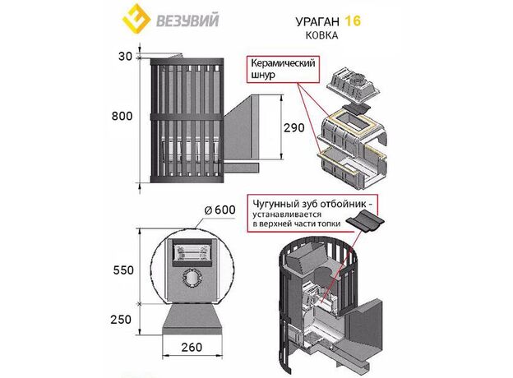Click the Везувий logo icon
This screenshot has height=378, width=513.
click(134, 18)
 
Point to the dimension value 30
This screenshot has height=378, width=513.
click(125, 56)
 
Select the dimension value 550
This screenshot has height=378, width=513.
click(122, 268)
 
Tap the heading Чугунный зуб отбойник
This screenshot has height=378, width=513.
click(321, 202)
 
